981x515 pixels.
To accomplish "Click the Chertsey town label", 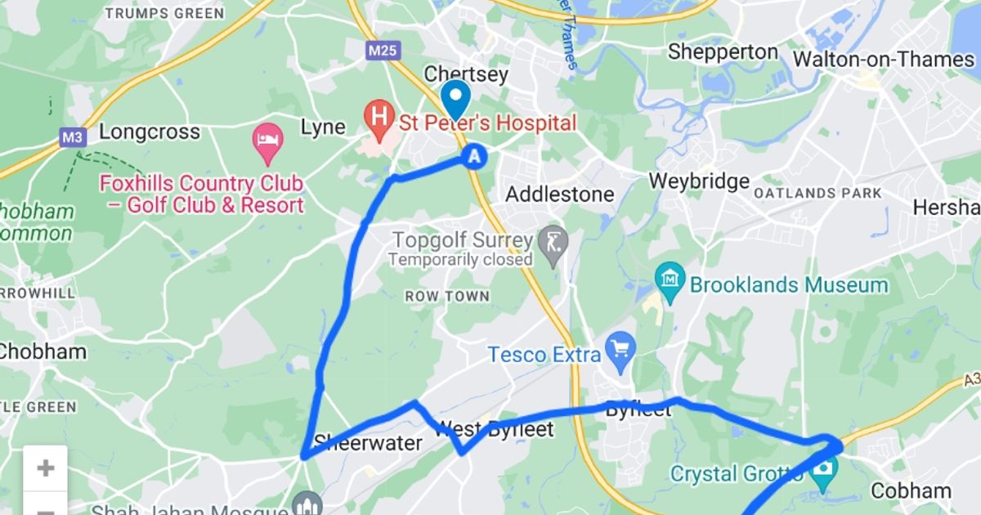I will (x=466, y=74).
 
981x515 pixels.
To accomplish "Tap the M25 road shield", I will (x=382, y=51).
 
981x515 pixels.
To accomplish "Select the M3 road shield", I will (x=72, y=138).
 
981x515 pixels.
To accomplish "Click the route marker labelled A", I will (x=475, y=156).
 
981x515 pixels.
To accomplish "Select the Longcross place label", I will (x=149, y=132).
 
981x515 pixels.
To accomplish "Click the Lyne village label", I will (x=323, y=128).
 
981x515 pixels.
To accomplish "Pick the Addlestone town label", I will (x=559, y=195).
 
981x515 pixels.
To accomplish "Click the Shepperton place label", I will (x=723, y=51).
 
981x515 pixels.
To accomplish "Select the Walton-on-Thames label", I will (x=884, y=60).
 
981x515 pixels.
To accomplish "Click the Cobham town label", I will (x=911, y=490).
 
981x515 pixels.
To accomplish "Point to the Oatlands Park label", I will (x=817, y=194).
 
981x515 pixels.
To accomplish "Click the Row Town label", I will (x=447, y=296).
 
